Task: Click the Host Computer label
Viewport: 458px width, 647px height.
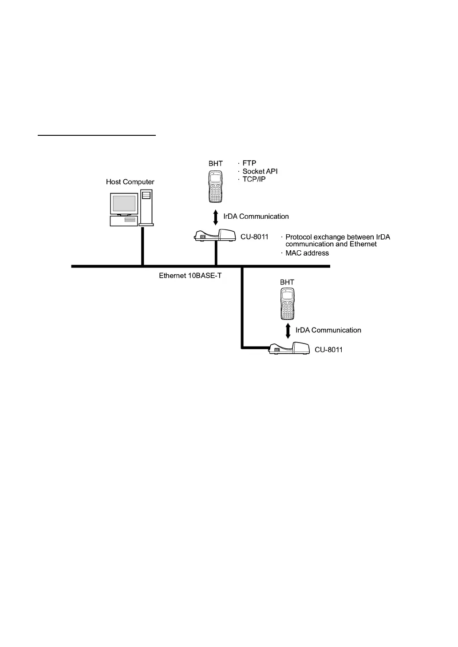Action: (130, 182)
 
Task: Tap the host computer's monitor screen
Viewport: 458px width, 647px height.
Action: (124, 203)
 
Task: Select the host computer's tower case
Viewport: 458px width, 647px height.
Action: (146, 208)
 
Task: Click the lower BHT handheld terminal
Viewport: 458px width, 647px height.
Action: (288, 304)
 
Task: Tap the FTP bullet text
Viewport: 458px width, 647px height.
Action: (249, 163)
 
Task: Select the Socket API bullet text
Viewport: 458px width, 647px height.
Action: (260, 171)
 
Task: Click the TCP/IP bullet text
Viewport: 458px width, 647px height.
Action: (254, 179)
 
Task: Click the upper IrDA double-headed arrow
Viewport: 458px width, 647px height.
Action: (216, 217)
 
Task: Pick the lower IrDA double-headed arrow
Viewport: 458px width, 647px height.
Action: (288, 331)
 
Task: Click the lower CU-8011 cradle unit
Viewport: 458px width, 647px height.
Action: (289, 348)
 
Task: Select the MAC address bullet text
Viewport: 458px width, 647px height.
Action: (307, 253)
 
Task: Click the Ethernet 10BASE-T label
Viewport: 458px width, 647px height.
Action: (190, 276)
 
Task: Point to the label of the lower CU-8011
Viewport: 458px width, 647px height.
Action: (328, 350)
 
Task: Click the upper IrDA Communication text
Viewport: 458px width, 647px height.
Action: (256, 217)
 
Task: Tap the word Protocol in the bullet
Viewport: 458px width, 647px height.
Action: (299, 237)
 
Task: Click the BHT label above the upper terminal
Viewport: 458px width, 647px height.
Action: (216, 164)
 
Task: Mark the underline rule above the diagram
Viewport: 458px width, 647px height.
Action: (97, 134)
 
